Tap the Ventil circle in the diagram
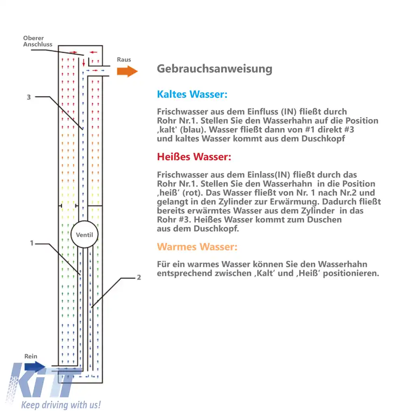(x=84, y=235)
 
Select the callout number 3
(x=28, y=97)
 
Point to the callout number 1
(x=31, y=243)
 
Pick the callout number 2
(x=139, y=278)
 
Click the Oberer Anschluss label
(x=37, y=41)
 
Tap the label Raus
(x=124, y=60)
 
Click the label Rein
(x=31, y=356)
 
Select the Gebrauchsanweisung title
(x=214, y=68)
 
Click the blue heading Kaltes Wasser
(x=192, y=94)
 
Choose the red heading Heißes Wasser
(x=194, y=157)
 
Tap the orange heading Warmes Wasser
(x=197, y=247)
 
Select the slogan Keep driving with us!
(x=61, y=404)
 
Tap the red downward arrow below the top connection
(x=84, y=63)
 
